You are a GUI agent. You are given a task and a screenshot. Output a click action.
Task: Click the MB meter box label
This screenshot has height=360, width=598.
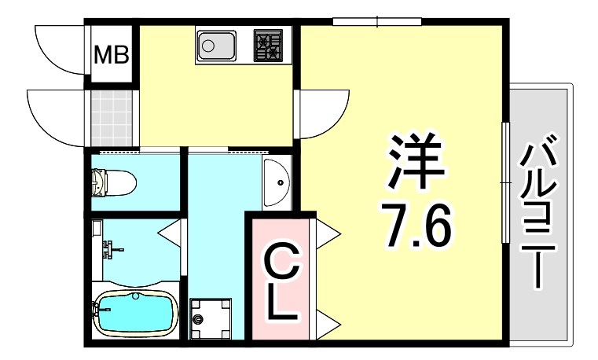[112, 55]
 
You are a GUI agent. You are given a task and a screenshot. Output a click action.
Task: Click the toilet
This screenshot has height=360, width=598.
[113, 182]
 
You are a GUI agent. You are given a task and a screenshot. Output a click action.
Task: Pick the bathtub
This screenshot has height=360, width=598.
[134, 312]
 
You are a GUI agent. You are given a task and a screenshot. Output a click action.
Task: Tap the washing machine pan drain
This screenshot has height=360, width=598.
[199, 320]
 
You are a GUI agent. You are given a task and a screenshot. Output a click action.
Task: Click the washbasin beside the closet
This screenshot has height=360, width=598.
[277, 183]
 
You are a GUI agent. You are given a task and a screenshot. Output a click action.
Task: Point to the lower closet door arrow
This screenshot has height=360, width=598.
[328, 321]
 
